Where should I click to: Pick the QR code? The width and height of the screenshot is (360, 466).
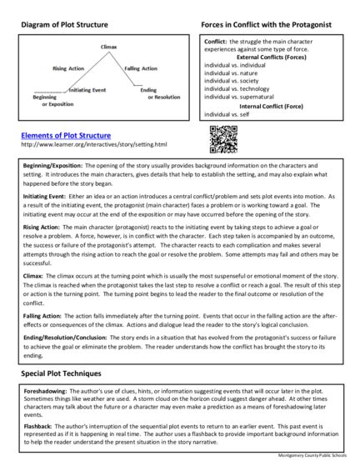tap(222, 138)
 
